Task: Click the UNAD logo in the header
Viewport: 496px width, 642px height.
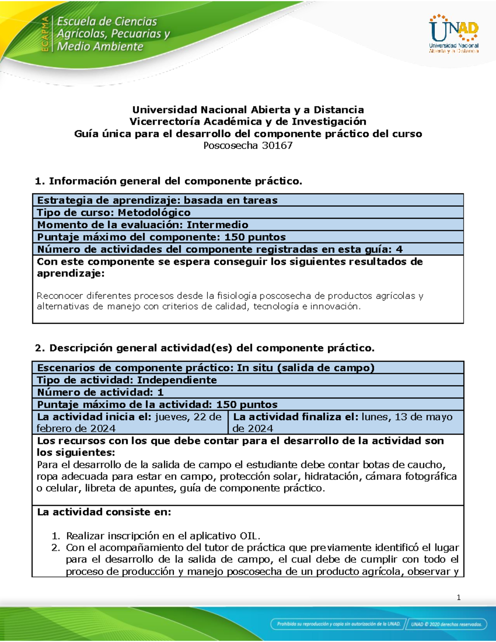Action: click(453, 33)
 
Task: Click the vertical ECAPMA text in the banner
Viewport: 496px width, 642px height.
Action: click(45, 34)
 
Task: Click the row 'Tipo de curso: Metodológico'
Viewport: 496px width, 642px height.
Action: click(114, 212)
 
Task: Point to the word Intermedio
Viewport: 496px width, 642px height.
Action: click(217, 225)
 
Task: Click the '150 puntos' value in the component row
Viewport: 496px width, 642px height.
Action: click(255, 237)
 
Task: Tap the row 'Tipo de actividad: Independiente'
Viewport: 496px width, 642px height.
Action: click(127, 380)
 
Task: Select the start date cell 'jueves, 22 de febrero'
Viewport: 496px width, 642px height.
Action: click(129, 422)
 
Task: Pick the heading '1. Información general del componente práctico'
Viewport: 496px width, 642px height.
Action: click(169, 181)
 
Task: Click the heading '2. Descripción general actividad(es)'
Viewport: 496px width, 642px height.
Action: click(205, 348)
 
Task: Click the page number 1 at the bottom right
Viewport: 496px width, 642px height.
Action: click(458, 597)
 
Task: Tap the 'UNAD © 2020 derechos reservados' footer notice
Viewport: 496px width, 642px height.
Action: click(446, 624)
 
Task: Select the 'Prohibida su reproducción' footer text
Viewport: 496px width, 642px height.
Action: click(339, 624)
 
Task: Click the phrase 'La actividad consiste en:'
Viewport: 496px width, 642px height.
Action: click(104, 512)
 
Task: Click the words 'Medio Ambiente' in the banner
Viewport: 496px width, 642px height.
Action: click(100, 46)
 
